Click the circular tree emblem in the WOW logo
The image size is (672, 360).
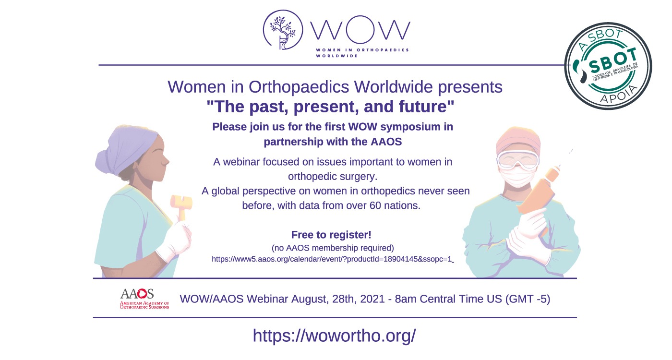pos(283,29)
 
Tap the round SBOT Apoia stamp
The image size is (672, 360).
pos(608,66)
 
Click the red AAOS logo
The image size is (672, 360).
pos(144,299)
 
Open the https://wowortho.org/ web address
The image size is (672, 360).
pos(334,336)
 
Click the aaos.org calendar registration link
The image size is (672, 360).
pos(332,259)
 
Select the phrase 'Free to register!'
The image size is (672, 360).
pos(331,235)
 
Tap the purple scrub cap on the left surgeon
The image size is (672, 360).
pos(126,149)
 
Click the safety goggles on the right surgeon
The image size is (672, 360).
pos(518,160)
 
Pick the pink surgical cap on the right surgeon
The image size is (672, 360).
pos(518,140)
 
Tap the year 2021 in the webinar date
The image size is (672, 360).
pos(372,299)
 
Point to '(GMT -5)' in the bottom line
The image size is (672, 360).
pos(528,299)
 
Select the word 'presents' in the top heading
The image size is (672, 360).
pos(470,87)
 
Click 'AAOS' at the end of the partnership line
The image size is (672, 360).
pos(386,142)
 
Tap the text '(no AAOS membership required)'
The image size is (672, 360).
pos(333,248)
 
